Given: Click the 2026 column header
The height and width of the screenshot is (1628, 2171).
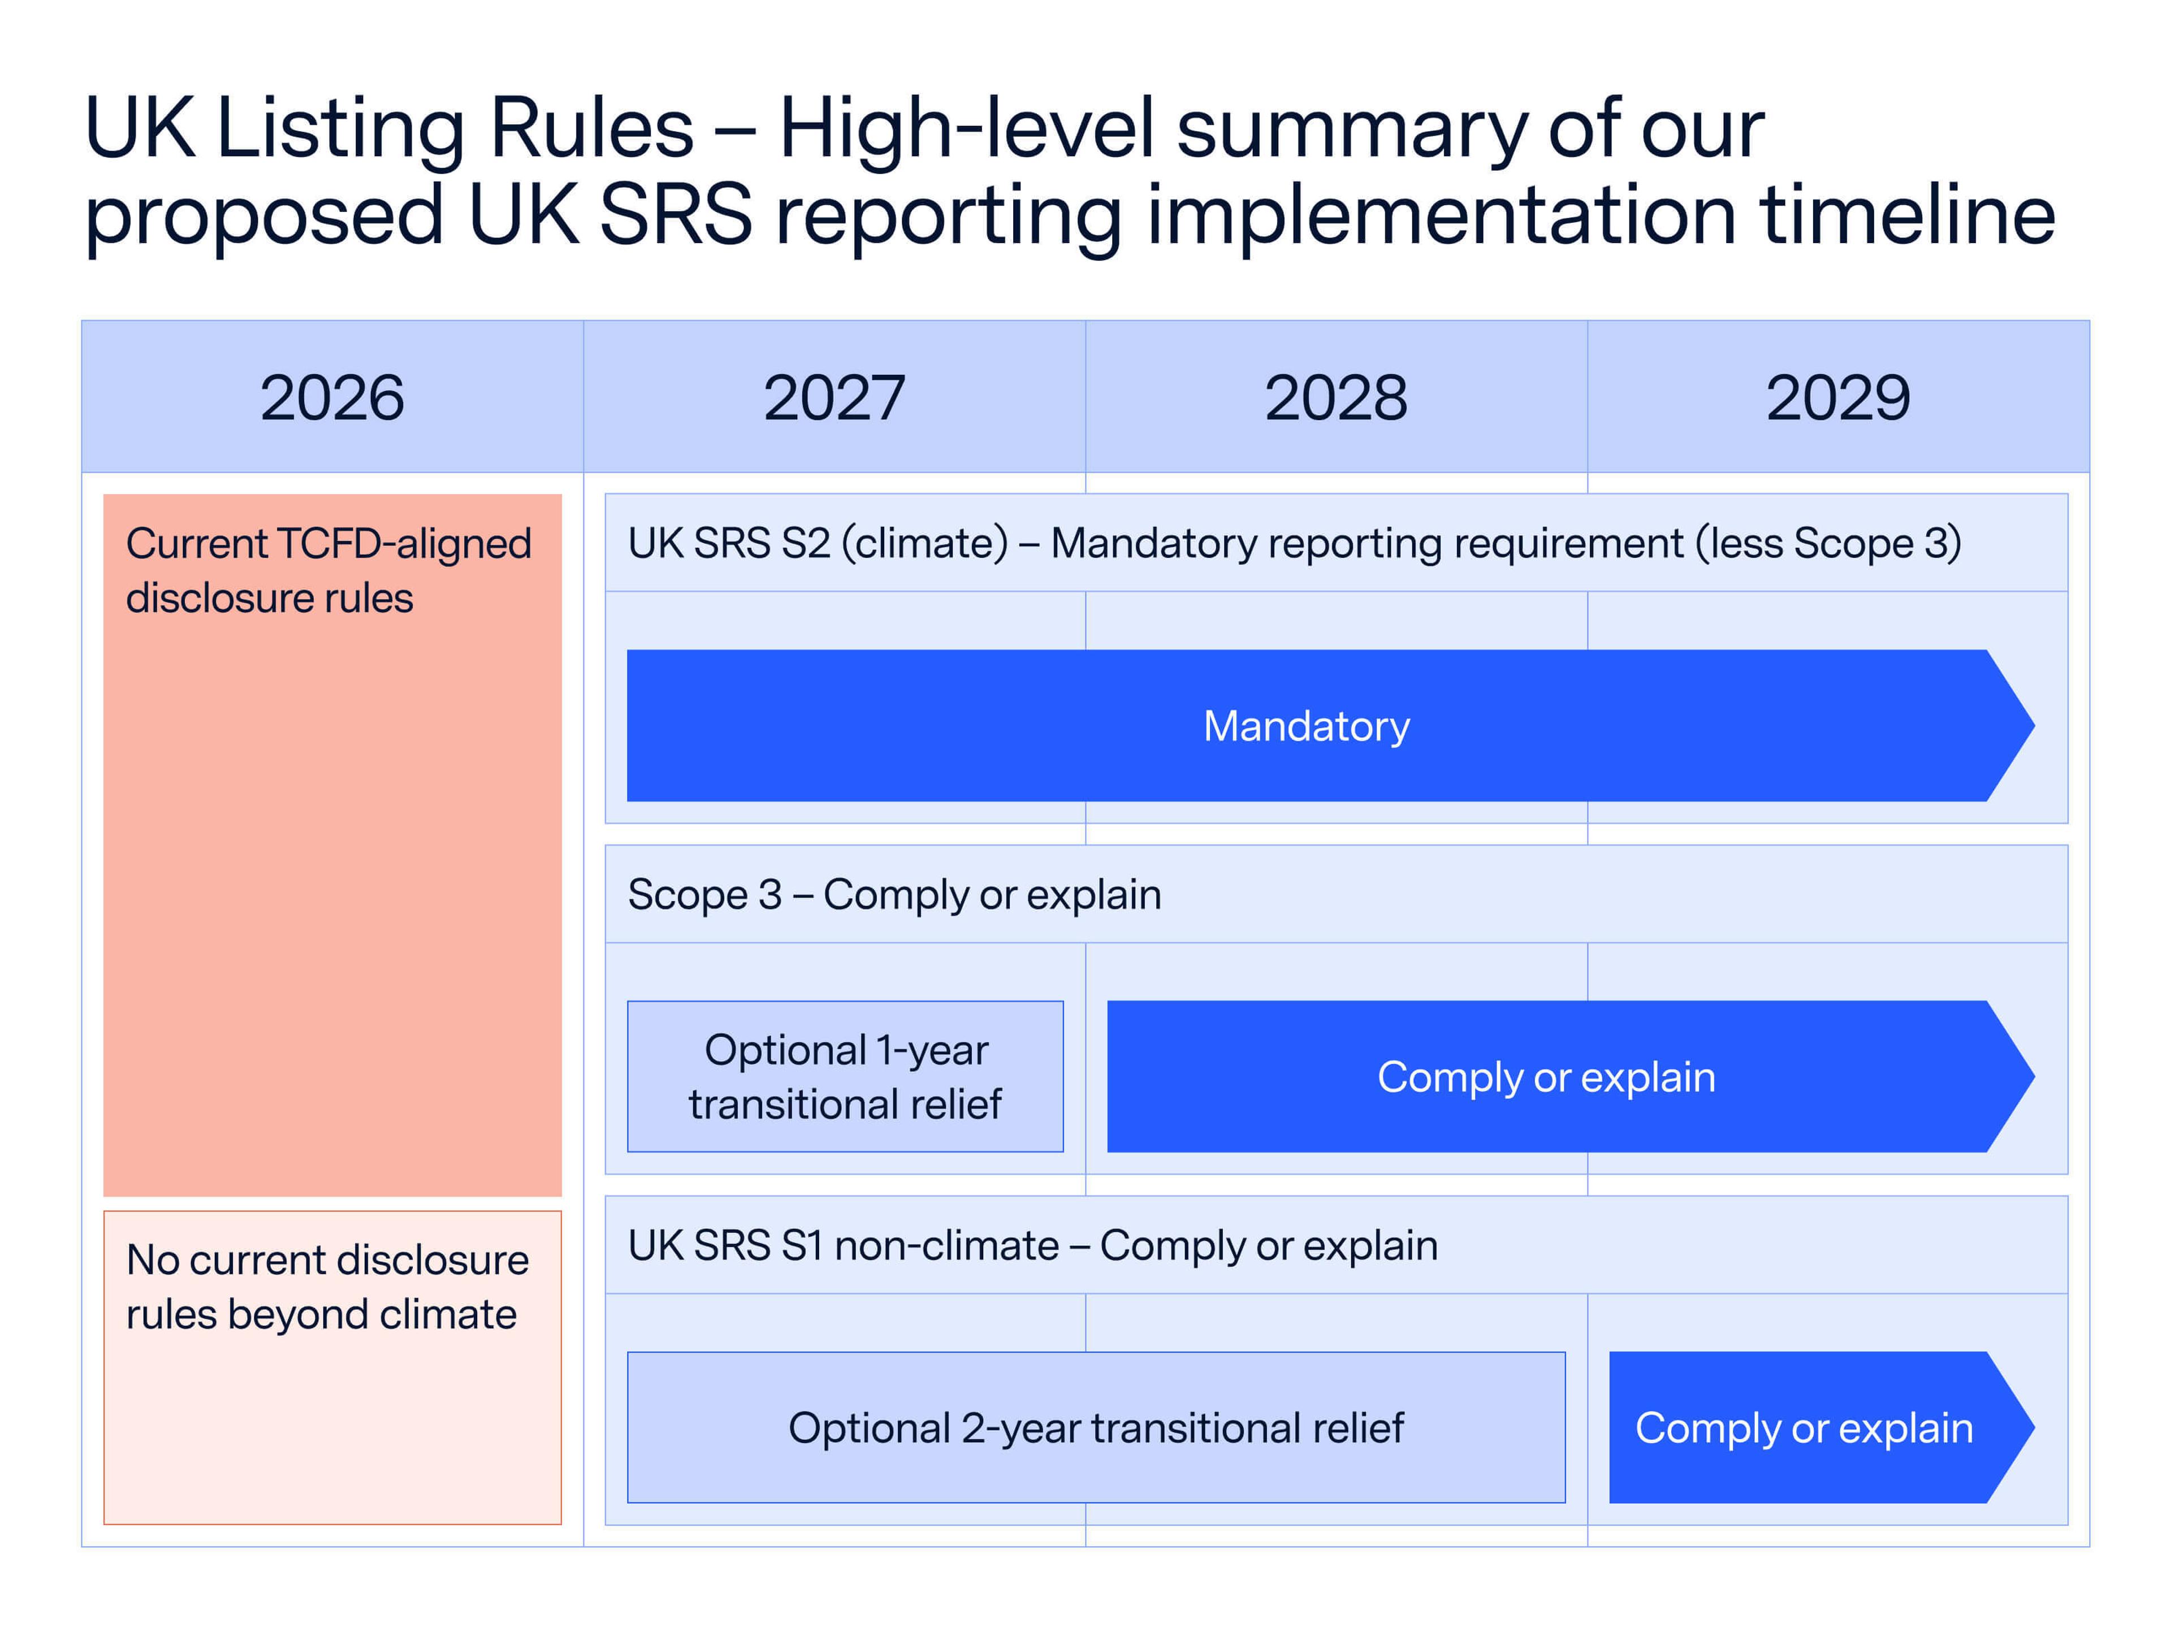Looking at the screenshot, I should (332, 397).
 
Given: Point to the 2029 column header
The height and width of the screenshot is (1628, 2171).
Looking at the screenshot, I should (1837, 397).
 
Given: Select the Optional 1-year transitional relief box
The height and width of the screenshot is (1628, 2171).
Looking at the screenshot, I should (845, 1076).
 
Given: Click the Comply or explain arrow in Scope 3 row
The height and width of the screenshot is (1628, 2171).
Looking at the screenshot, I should (1546, 1076).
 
